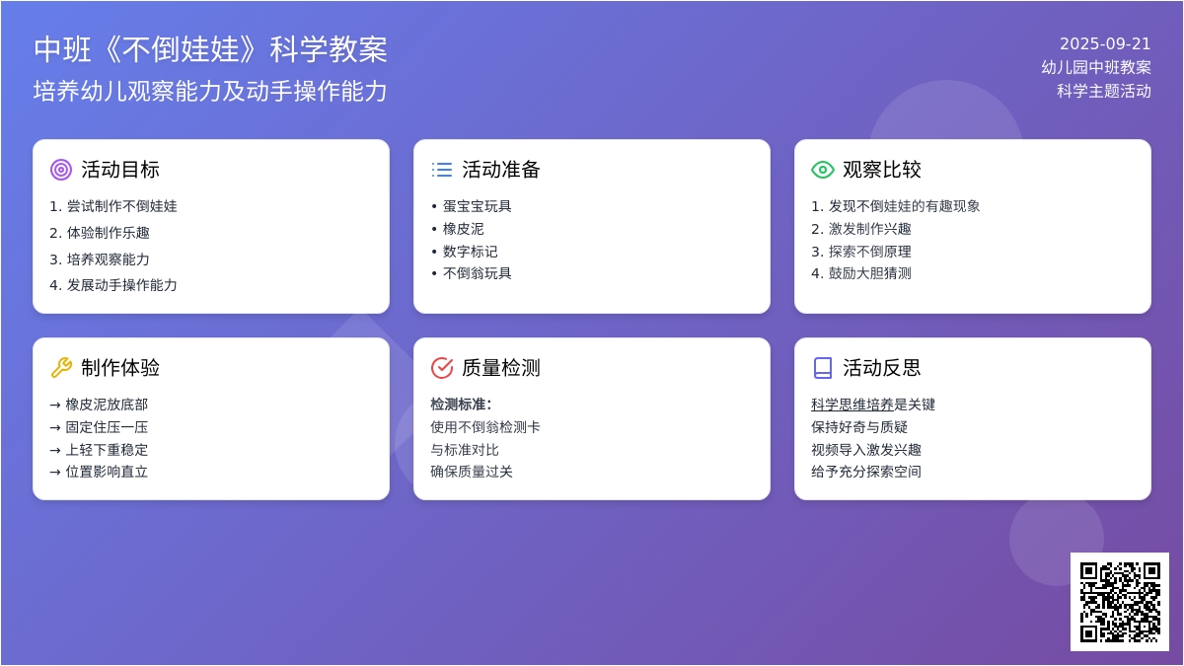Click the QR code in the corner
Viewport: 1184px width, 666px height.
click(1119, 602)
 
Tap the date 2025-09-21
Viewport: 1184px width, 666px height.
click(1105, 43)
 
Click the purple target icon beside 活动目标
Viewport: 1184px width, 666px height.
click(61, 170)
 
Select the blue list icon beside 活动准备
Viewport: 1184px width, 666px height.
click(442, 170)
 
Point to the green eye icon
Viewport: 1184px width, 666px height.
click(823, 170)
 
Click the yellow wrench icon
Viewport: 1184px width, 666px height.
click(61, 368)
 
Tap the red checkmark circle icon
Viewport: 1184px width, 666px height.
click(442, 368)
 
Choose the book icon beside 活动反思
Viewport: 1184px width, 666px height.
click(823, 368)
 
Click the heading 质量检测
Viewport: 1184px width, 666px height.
click(500, 368)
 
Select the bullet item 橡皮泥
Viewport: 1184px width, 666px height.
click(463, 229)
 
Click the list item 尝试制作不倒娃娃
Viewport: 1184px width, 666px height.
click(121, 206)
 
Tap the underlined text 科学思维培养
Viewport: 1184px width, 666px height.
click(852, 405)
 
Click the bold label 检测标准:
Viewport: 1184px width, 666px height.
click(461, 405)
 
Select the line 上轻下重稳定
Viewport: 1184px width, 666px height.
click(107, 450)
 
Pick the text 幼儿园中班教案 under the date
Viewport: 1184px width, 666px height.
click(1096, 67)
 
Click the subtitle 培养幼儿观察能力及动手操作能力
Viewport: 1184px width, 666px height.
click(210, 91)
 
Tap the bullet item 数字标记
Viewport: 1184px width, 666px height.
click(470, 252)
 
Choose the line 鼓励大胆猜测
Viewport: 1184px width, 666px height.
click(869, 273)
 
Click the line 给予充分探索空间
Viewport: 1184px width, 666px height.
click(866, 472)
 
